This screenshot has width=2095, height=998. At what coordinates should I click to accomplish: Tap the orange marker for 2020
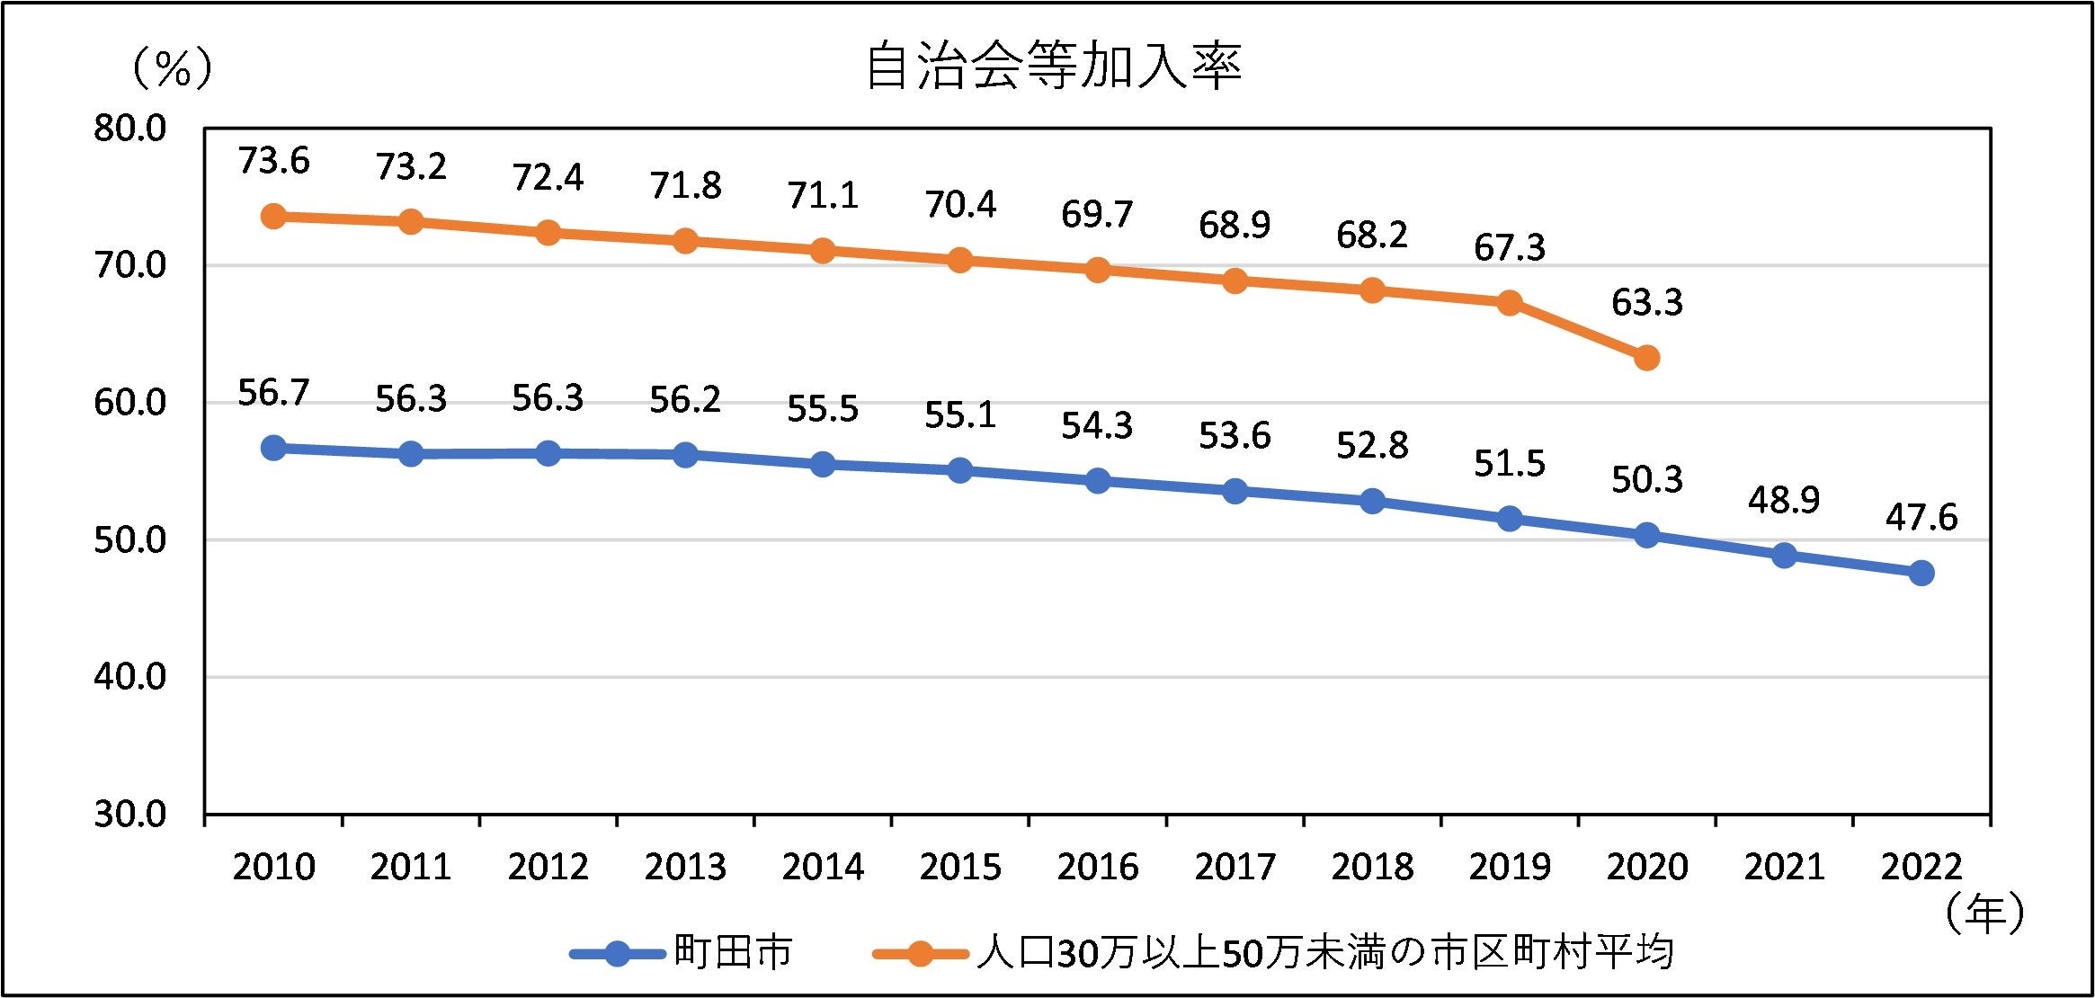(1646, 358)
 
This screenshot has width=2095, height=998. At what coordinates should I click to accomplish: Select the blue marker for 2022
(1921, 573)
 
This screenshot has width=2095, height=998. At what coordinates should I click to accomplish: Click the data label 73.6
(273, 161)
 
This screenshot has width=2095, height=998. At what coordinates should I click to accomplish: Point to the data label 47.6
(1921, 517)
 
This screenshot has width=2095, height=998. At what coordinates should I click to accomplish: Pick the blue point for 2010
(273, 448)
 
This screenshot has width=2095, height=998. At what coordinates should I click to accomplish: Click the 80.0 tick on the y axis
(130, 129)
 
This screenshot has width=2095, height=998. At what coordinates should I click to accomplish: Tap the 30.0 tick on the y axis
(130, 814)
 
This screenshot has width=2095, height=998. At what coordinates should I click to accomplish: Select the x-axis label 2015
(959, 867)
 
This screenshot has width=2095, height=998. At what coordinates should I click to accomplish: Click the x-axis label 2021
(1784, 867)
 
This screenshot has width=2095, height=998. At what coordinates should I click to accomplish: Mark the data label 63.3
(1646, 303)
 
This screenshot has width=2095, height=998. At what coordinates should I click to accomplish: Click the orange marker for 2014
(822, 251)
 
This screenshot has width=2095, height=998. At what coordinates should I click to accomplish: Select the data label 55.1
(959, 414)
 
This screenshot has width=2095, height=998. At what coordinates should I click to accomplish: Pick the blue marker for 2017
(1235, 491)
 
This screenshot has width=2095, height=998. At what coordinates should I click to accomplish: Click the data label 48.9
(1784, 500)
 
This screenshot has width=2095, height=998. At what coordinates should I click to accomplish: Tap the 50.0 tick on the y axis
(130, 540)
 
